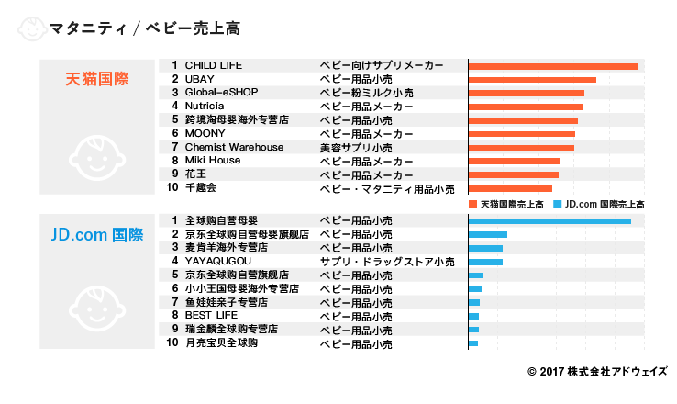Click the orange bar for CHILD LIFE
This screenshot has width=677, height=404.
[552, 66]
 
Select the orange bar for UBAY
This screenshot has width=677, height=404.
[532, 80]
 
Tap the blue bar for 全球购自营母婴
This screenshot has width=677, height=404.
[549, 221]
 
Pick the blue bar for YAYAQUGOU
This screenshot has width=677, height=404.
[485, 262]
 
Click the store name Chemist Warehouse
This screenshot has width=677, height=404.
[234, 147]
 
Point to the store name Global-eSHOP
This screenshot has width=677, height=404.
[222, 93]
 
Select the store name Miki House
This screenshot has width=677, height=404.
[213, 160]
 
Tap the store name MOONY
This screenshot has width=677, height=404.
[205, 133]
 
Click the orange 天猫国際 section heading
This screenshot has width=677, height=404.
[96, 79]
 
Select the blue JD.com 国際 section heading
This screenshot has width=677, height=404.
[96, 235]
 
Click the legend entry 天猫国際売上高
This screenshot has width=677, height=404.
[507, 204]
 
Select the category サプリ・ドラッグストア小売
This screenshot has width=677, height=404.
[386, 262]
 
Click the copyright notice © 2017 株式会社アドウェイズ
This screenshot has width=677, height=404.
[597, 372]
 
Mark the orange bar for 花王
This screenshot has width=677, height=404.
[513, 174]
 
